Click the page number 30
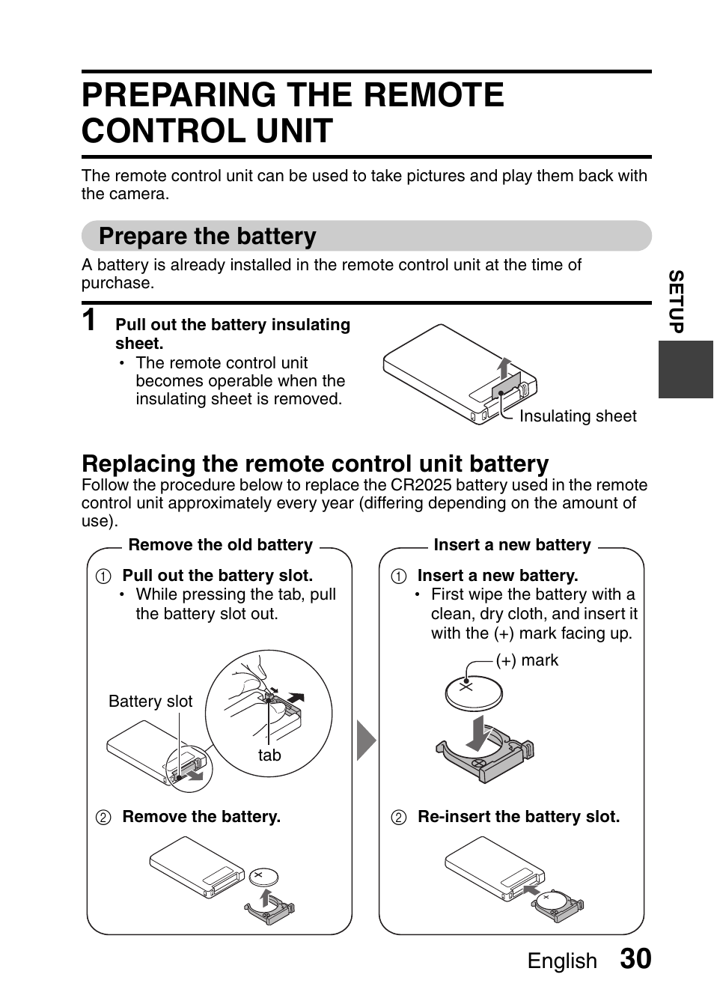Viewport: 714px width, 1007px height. pyautogui.click(x=635, y=959)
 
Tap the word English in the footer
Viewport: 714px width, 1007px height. pyautogui.click(x=562, y=961)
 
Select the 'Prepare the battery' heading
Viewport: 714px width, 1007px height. pyautogui.click(x=207, y=236)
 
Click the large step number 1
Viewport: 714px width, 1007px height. pyautogui.click(x=90, y=320)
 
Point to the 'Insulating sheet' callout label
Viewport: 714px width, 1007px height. pyautogui.click(x=578, y=416)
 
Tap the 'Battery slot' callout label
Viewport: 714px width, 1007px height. pyautogui.click(x=150, y=702)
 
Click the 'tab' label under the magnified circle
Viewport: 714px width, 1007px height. pyautogui.click(x=269, y=755)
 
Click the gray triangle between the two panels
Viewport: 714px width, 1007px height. pyautogui.click(x=364, y=740)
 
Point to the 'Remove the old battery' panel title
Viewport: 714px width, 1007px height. pyautogui.click(x=220, y=545)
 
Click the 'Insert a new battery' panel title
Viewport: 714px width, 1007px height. pyautogui.click(x=512, y=545)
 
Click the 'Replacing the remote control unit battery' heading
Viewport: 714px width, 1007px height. pyautogui.click(x=315, y=463)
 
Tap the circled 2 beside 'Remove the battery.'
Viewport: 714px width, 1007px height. pyautogui.click(x=103, y=818)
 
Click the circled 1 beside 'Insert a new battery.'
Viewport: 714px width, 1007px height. pyautogui.click(x=399, y=576)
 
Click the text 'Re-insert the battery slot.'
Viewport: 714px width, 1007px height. pyautogui.click(x=519, y=817)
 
